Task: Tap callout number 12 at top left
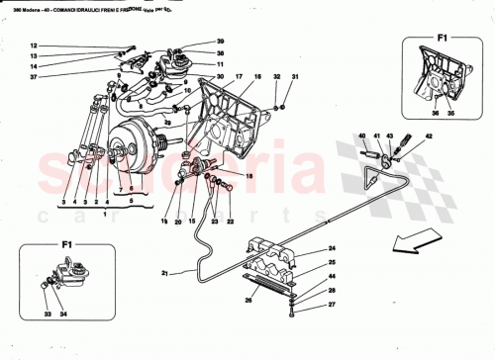click(32, 46)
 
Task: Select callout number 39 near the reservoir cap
click(220, 43)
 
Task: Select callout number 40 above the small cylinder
click(362, 136)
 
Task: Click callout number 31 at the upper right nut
click(294, 77)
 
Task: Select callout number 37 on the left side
click(32, 77)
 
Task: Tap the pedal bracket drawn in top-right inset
click(442, 75)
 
